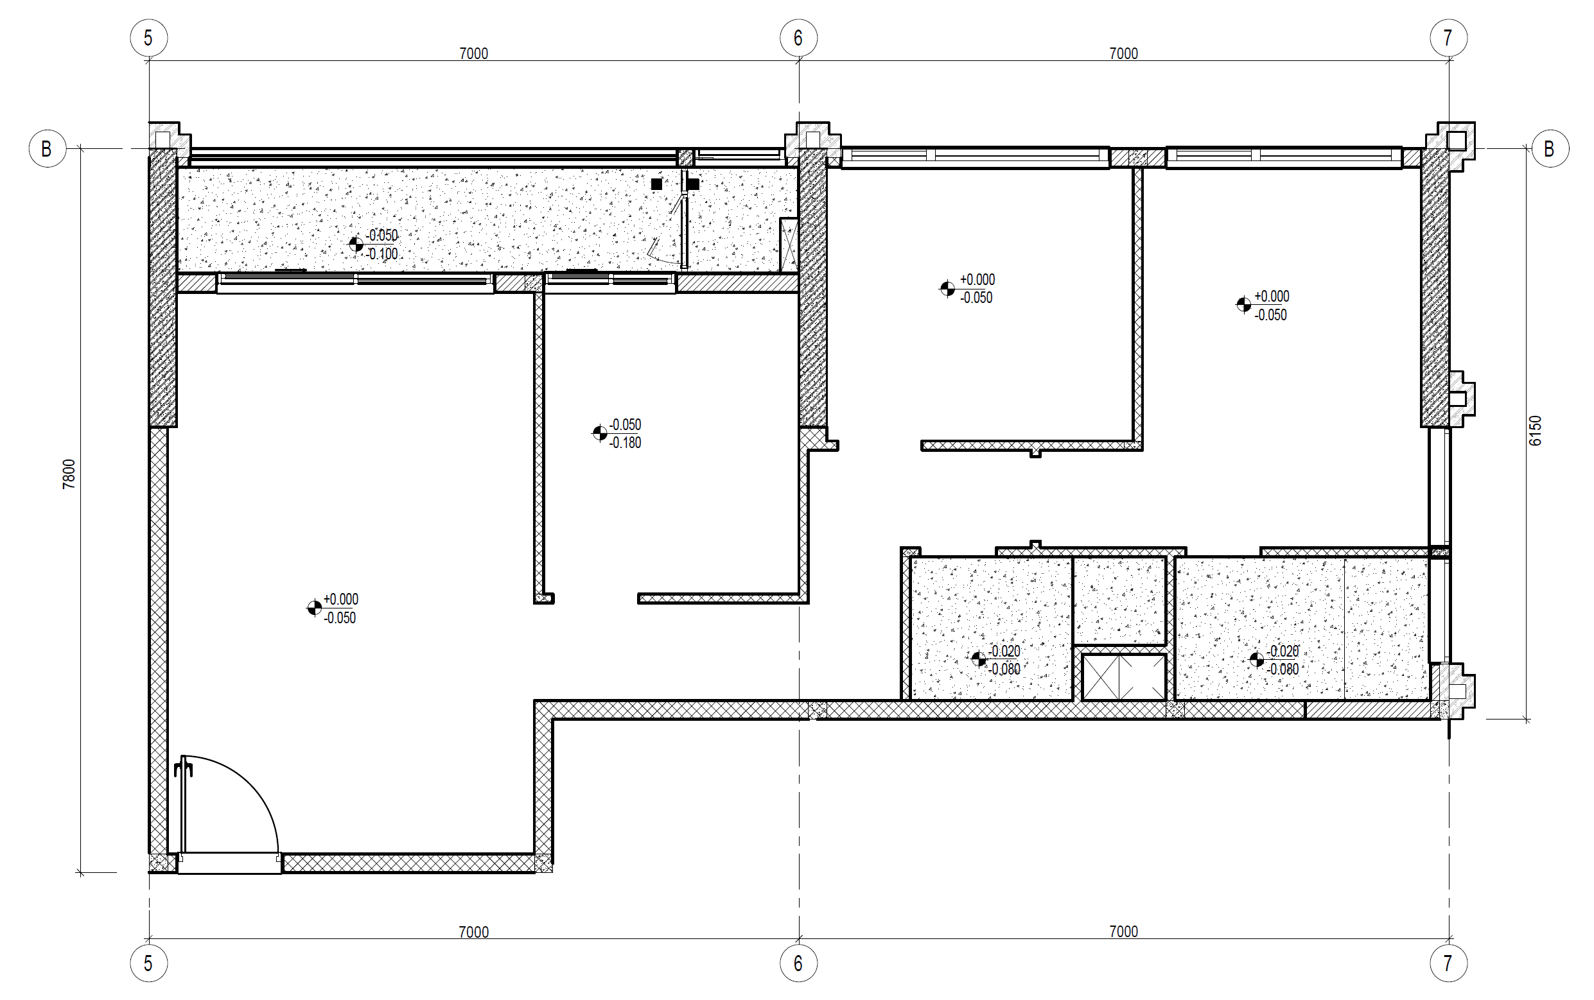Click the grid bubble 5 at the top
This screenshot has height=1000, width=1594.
(148, 38)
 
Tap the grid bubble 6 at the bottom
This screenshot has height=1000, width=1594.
(798, 963)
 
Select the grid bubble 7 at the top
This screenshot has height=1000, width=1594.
(1448, 38)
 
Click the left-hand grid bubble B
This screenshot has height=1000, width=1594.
(47, 149)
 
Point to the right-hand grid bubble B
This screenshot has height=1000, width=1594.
(1550, 149)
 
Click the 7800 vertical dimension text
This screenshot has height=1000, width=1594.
(69, 474)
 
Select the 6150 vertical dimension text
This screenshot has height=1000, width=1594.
(1535, 431)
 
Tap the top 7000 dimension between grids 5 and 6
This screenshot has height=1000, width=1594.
(474, 53)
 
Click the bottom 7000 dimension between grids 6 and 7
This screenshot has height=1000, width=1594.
(1123, 932)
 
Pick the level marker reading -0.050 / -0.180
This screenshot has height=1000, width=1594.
(600, 433)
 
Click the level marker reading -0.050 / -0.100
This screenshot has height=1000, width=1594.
(356, 245)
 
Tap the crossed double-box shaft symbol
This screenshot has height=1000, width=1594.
(1123, 677)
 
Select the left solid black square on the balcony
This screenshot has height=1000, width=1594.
(656, 184)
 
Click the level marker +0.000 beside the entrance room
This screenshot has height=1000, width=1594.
(314, 608)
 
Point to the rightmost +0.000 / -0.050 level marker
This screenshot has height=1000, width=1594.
(1243, 305)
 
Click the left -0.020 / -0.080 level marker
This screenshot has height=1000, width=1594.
(979, 659)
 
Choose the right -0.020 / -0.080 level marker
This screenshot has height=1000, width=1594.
(1257, 659)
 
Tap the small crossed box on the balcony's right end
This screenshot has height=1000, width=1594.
(789, 245)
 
